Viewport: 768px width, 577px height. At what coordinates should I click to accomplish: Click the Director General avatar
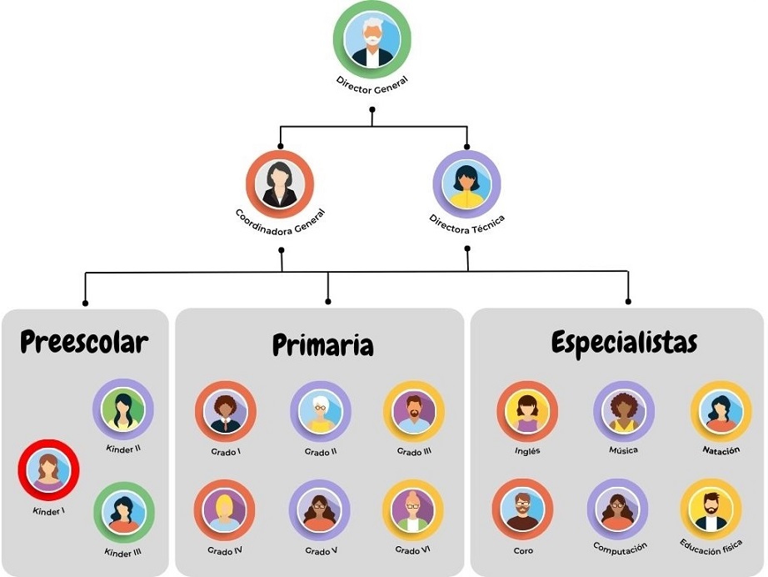(372, 39)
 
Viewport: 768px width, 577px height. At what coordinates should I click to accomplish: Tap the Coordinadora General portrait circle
(280, 183)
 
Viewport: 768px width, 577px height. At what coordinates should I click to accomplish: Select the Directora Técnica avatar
(466, 183)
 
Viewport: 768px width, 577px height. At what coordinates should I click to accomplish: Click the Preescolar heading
(84, 342)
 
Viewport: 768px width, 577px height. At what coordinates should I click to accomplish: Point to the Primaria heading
(322, 345)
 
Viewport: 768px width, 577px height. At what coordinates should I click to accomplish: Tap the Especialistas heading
(624, 343)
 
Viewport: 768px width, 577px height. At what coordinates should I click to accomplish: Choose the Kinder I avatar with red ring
(48, 470)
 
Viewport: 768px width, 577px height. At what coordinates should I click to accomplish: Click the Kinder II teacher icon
(123, 409)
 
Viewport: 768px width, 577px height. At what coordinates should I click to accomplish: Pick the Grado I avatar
(225, 412)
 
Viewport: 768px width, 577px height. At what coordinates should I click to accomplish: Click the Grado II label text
(320, 452)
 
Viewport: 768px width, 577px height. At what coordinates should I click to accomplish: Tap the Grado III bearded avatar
(413, 412)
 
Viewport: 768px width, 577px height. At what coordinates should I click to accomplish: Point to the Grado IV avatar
(225, 510)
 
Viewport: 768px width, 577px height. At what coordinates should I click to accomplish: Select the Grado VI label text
(412, 550)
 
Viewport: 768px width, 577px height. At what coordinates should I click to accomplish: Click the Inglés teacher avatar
(527, 412)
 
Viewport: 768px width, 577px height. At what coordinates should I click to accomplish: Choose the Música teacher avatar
(623, 412)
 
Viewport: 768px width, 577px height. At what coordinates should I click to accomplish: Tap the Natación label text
(721, 451)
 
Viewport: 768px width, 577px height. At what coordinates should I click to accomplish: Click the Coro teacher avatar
(522, 509)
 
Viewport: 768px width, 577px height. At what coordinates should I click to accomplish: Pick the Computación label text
(620, 548)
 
